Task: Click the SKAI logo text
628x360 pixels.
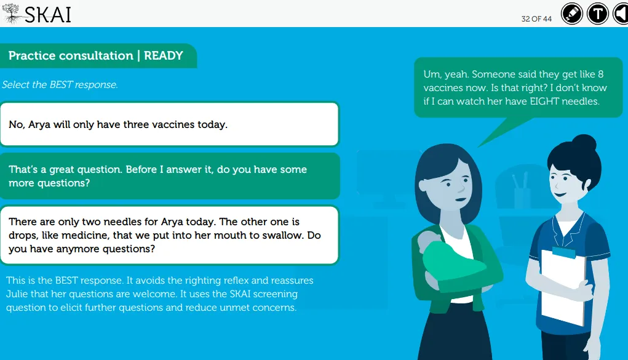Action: tap(47, 15)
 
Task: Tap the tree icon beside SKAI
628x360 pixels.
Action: tap(12, 14)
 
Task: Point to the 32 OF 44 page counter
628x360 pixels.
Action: tap(536, 19)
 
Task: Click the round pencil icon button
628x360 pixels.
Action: tap(571, 14)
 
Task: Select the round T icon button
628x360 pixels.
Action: tap(598, 14)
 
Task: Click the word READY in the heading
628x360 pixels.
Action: tap(164, 55)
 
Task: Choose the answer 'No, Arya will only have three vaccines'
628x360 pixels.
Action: tap(169, 124)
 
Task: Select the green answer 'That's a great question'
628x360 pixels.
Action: tap(169, 176)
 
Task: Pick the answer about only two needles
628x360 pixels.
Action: tap(169, 235)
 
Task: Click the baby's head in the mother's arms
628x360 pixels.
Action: tap(428, 242)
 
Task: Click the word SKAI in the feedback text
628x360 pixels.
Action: tap(240, 294)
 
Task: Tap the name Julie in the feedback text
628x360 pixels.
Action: tap(17, 294)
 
